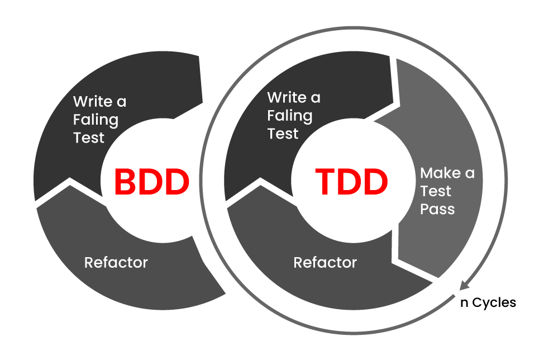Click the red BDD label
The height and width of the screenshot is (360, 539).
pyautogui.click(x=152, y=182)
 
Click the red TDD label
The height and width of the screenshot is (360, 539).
pyautogui.click(x=351, y=182)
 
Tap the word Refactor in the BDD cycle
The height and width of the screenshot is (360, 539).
pyautogui.click(x=116, y=262)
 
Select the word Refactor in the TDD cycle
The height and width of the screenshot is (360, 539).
pyautogui.click(x=325, y=262)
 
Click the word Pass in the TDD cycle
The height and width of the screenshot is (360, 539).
pyautogui.click(x=437, y=210)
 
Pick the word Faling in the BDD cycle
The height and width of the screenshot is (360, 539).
pyautogui.click(x=96, y=120)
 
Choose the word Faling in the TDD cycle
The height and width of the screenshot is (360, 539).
pyautogui.click(x=289, y=116)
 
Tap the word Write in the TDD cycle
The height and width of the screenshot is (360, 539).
pyautogui.click(x=286, y=98)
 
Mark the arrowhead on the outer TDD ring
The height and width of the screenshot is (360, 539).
pyautogui.click(x=463, y=285)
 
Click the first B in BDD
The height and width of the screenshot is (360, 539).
pyautogui.click(x=126, y=182)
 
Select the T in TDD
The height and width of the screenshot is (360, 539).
pyautogui.click(x=326, y=182)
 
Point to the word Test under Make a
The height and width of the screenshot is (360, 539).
pyautogui.click(x=436, y=191)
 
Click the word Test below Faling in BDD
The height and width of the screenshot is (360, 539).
pyautogui.click(x=89, y=138)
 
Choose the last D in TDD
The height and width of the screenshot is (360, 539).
pyautogui.click(x=375, y=182)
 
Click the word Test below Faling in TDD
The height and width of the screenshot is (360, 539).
pyautogui.click(x=283, y=134)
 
